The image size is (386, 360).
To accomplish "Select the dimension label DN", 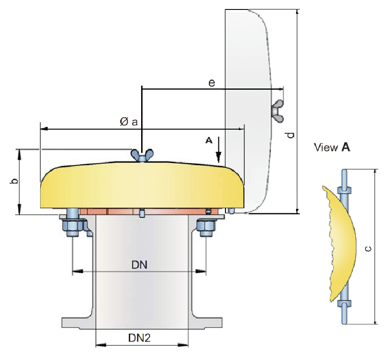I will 139,265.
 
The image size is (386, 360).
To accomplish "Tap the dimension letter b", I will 14,182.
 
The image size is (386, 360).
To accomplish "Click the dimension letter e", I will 212,83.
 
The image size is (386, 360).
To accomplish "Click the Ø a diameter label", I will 128,122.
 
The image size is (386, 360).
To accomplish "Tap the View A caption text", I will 332,148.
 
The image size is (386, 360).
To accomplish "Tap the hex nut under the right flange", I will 206,228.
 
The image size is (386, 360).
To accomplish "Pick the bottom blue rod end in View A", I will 344,312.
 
